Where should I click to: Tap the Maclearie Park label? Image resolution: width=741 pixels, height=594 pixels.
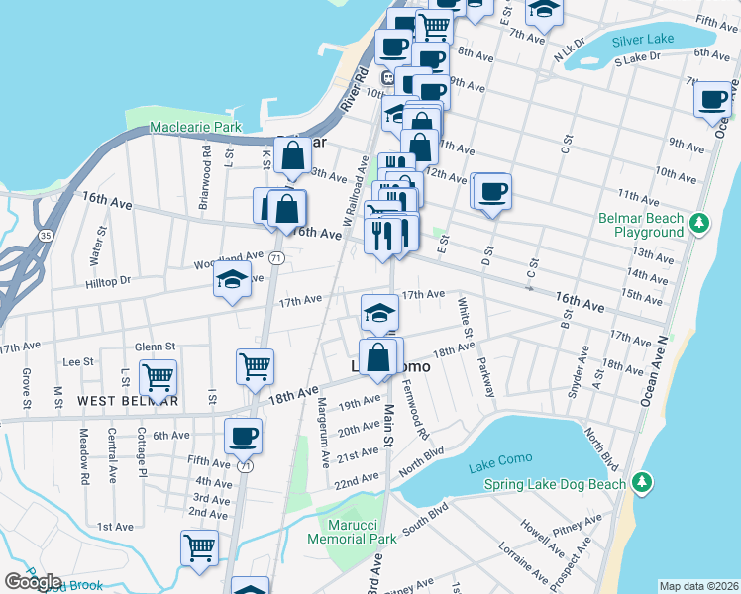[195, 128]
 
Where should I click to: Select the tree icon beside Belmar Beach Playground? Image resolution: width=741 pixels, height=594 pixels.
[700, 221]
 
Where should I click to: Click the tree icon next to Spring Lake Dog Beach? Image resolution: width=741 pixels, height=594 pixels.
[643, 483]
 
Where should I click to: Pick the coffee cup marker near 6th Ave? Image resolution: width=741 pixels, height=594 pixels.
[243, 434]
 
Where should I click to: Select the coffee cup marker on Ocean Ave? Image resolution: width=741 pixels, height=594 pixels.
[713, 99]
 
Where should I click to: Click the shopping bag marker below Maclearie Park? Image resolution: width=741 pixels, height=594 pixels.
[293, 154]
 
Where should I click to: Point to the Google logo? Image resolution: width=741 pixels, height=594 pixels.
[33, 582]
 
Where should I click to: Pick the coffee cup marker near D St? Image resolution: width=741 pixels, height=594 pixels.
[491, 189]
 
